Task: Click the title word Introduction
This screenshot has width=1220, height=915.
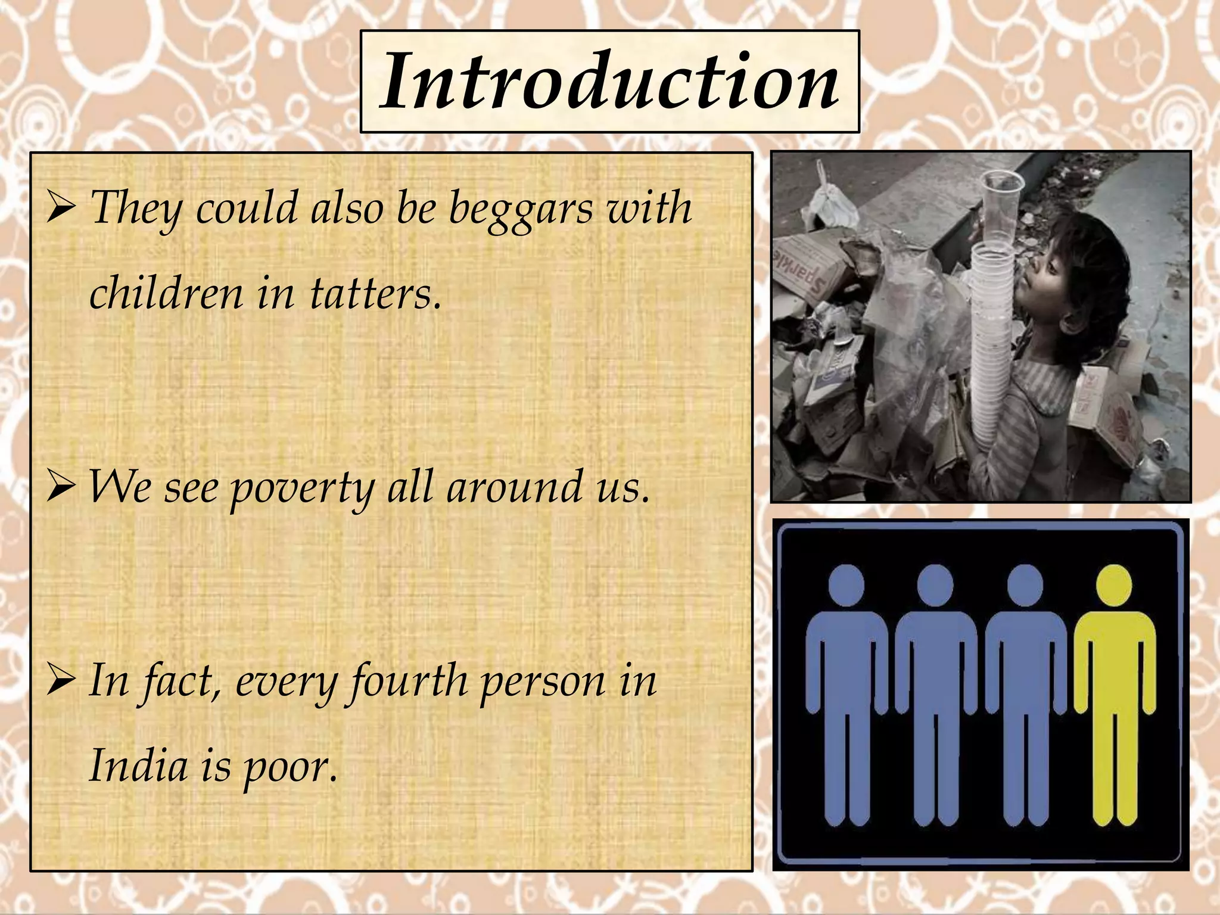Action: pyautogui.click(x=609, y=82)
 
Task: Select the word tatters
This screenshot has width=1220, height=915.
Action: pyautogui.click(x=375, y=294)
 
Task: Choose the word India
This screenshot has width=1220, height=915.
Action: pyautogui.click(x=138, y=766)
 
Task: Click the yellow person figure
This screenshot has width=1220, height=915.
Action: pyautogui.click(x=1113, y=691)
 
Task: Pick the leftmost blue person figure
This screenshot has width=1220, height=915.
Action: pyautogui.click(x=846, y=691)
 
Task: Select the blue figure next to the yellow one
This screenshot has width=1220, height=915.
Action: pyautogui.click(x=1025, y=691)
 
